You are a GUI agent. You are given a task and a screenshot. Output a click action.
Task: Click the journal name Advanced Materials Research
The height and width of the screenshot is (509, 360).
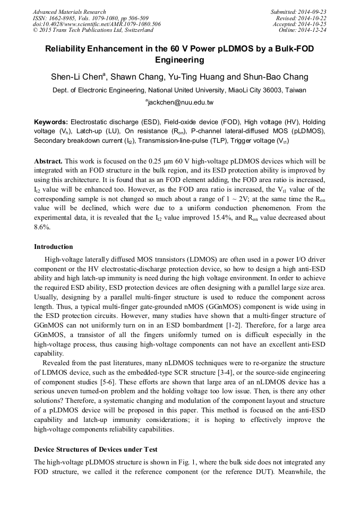pos(69,12)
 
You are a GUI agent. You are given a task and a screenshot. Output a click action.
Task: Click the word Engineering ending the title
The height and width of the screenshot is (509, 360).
pos(179,60)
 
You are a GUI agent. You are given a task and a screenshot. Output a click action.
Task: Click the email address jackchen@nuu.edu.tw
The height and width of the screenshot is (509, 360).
pos(180,102)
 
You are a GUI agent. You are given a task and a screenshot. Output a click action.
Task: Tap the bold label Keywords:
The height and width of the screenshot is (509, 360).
pos(51,122)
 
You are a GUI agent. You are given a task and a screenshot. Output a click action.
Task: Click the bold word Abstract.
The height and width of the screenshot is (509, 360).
pos(48,161)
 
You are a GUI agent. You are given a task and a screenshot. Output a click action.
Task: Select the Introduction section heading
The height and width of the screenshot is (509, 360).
pos(53,247)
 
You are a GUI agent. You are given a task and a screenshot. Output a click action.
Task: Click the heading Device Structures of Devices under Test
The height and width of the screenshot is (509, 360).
pos(96,450)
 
